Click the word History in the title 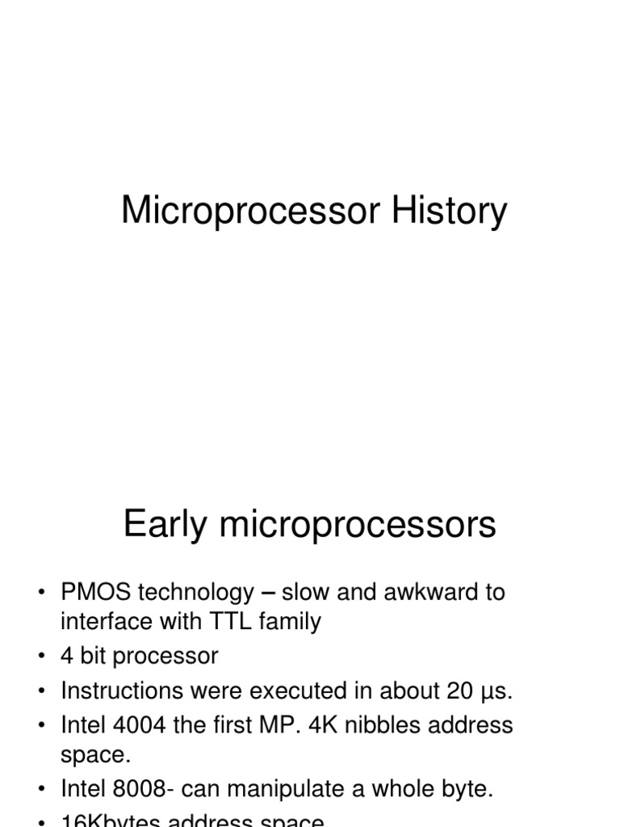pyautogui.click(x=449, y=212)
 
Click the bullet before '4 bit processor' pyautogui.click(x=41, y=657)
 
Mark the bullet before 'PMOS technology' pyautogui.click(x=41, y=594)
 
